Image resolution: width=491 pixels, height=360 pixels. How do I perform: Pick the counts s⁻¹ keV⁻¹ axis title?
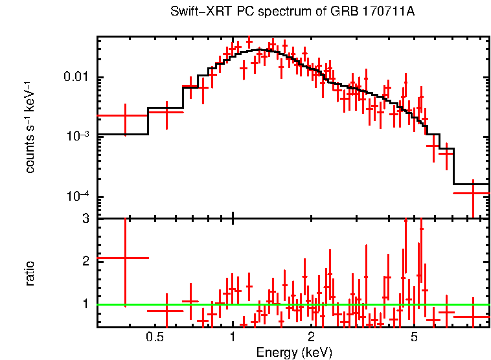click(x=30, y=127)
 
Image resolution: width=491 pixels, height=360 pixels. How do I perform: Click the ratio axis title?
click(x=30, y=273)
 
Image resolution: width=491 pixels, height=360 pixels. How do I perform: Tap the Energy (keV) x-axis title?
click(x=294, y=352)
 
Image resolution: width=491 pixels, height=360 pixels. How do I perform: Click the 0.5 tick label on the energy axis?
click(x=155, y=337)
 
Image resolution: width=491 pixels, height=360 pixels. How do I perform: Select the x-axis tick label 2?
click(x=311, y=337)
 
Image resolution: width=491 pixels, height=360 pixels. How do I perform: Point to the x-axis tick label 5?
click(x=415, y=337)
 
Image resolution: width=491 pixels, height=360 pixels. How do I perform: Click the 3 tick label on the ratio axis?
click(x=85, y=219)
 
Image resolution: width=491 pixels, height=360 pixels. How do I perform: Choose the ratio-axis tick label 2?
click(x=85, y=261)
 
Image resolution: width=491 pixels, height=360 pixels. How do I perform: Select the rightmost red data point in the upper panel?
click(x=472, y=193)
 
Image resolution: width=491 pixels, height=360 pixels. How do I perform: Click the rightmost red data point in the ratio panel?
click(x=472, y=317)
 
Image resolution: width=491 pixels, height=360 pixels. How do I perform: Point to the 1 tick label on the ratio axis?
click(x=85, y=304)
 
